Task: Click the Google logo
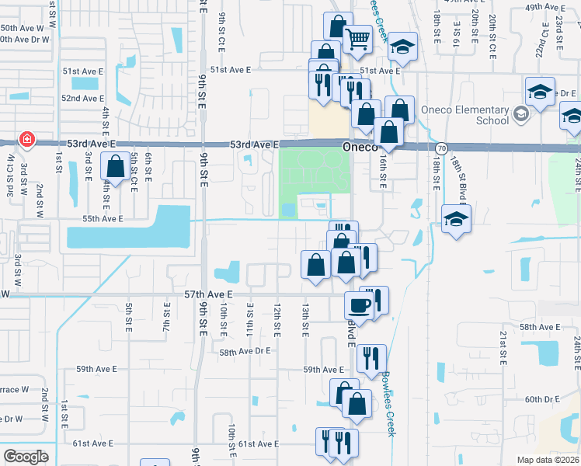[26, 457]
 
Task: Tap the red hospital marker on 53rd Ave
[27, 141]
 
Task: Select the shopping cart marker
[357, 38]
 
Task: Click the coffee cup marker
[360, 304]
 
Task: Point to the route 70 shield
[441, 148]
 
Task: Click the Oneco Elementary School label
[465, 115]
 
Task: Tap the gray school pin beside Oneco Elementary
[520, 115]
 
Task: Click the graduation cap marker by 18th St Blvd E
[456, 219]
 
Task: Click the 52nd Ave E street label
[83, 99]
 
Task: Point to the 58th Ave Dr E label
[244, 351]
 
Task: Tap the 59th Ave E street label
[323, 370]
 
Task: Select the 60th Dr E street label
[542, 399]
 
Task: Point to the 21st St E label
[503, 347]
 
